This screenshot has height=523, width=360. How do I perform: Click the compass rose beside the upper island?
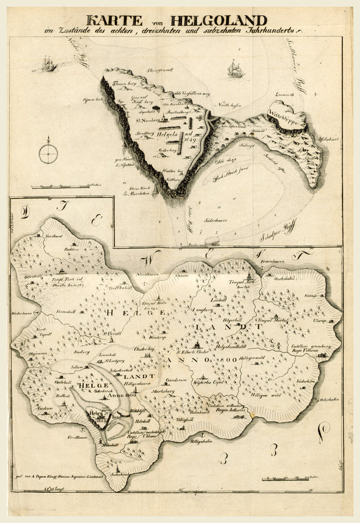point(48,153)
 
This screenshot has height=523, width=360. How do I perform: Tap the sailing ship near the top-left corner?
point(49,64)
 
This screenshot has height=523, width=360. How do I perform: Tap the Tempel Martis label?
point(272,321)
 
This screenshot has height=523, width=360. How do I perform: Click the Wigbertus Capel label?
point(211,382)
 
